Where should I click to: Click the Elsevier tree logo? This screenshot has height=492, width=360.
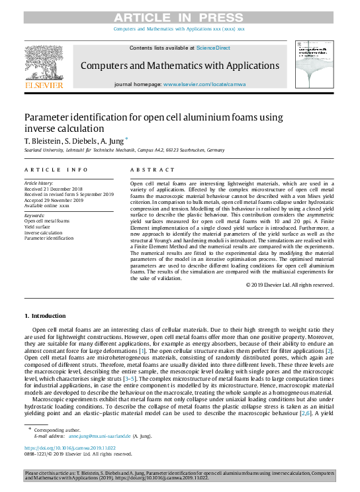[44, 63]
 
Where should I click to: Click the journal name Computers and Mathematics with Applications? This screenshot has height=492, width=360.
[179, 66]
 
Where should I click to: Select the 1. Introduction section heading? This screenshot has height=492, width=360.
[45, 316]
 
